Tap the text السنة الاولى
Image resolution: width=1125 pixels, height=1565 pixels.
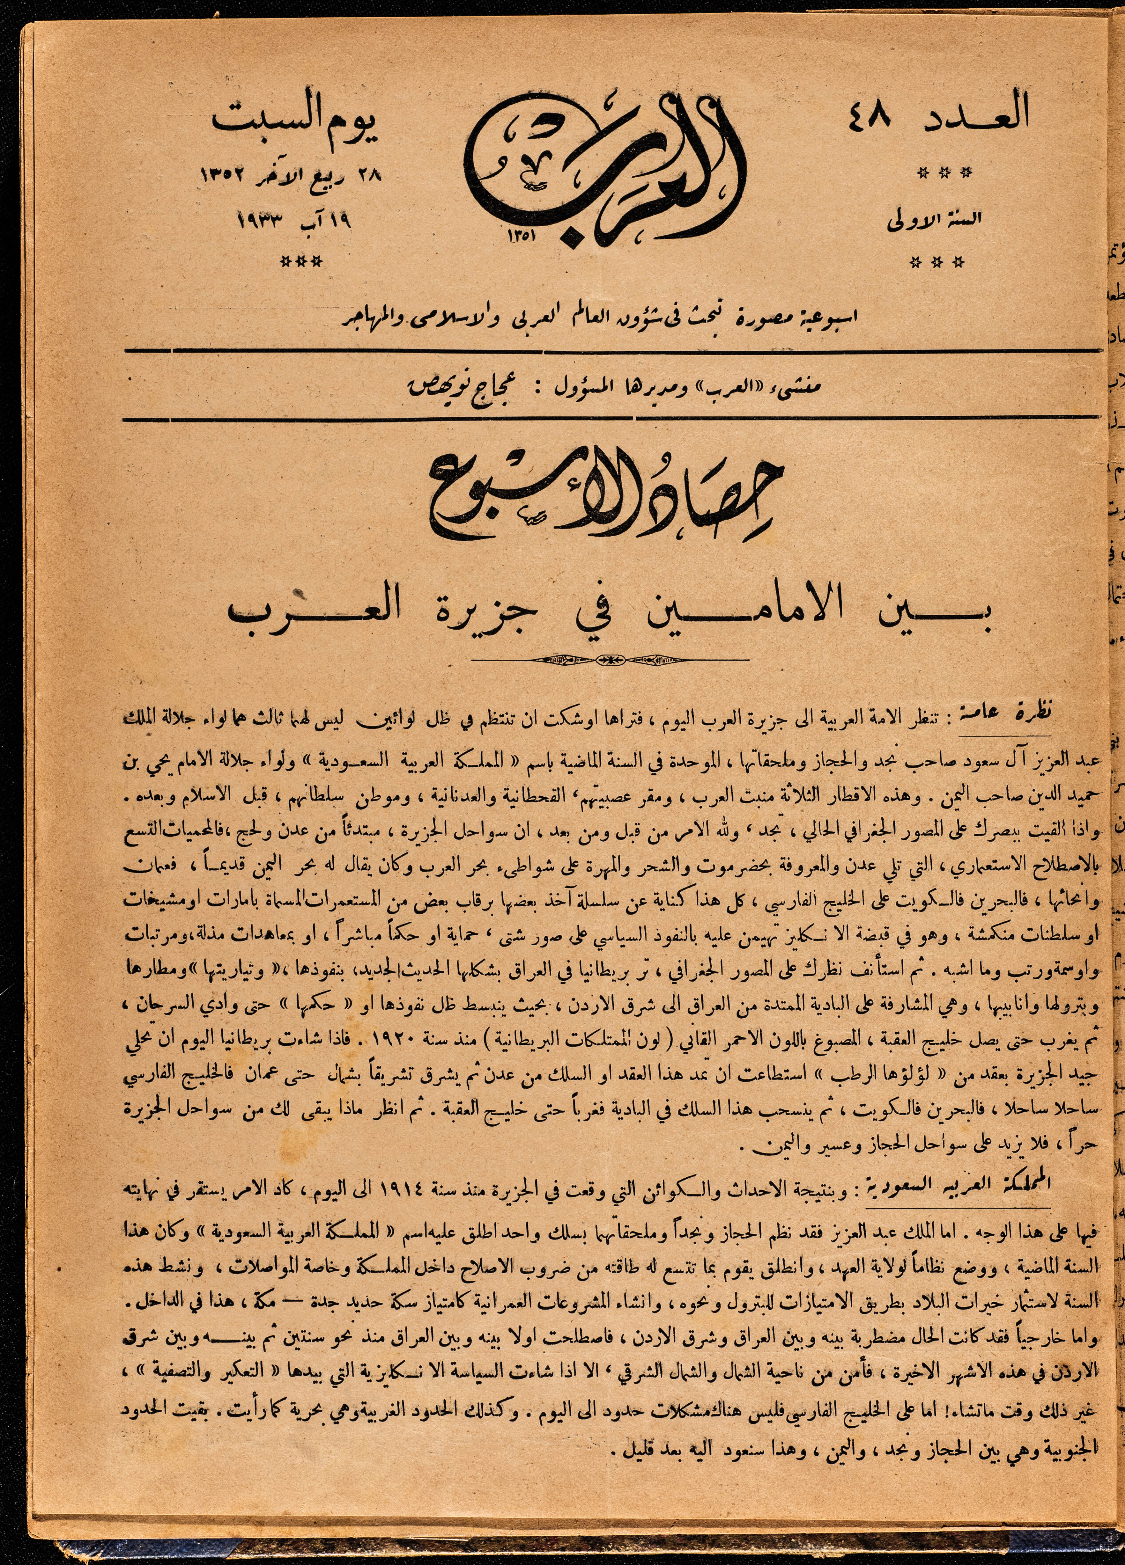pyautogui.click(x=934, y=221)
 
